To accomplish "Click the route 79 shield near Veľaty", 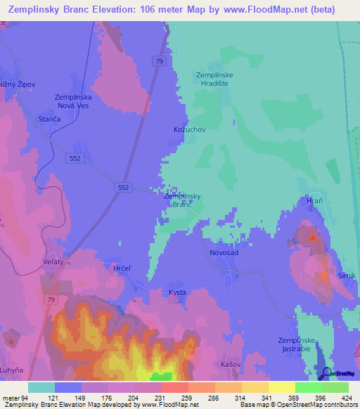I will pyautogui.click(x=50, y=299).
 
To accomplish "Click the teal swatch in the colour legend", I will pyautogui.click(x=41, y=387).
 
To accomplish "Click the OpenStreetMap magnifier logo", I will pyautogui.click(x=326, y=373).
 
